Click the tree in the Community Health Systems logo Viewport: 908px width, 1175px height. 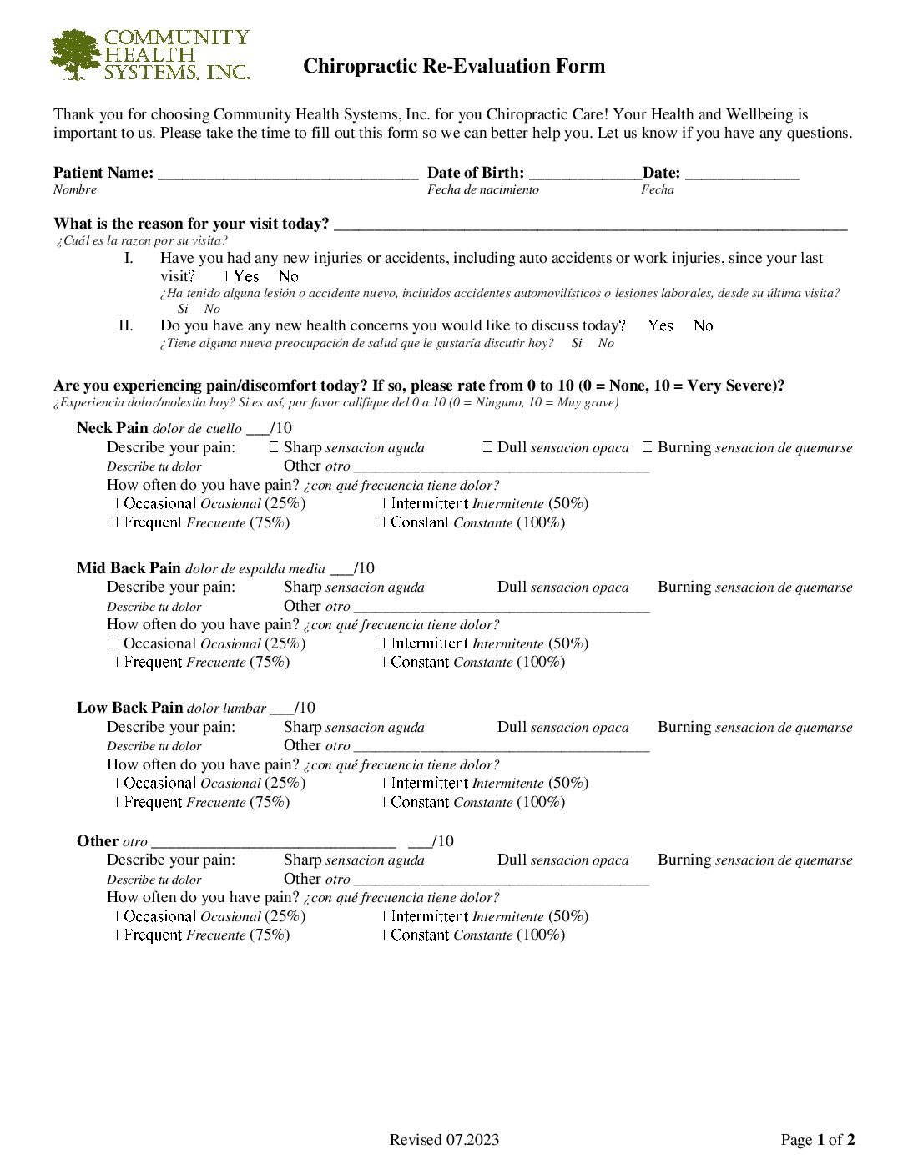[x=76, y=54]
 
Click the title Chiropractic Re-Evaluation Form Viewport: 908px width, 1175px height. [x=454, y=66]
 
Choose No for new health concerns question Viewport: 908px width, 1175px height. [x=703, y=325]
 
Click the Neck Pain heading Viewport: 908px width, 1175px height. [x=112, y=428]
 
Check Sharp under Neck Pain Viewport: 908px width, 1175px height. [x=275, y=448]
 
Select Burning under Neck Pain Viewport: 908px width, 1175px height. [x=648, y=448]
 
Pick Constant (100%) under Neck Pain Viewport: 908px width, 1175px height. [x=381, y=522]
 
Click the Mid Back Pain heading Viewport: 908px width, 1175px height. [x=129, y=568]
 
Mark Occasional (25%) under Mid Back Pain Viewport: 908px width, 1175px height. [x=113, y=643]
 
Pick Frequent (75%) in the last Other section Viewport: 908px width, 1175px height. [x=118, y=935]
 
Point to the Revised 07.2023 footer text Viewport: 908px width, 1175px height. [x=444, y=1140]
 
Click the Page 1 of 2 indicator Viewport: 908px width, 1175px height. [x=817, y=1140]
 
